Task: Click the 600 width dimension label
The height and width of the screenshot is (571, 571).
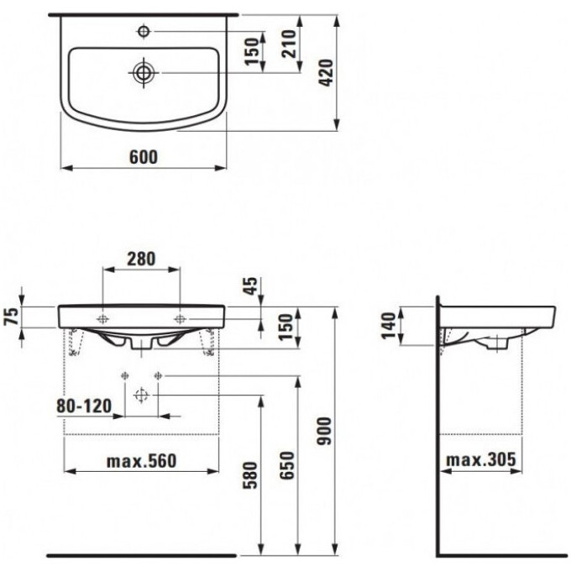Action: pyautogui.click(x=144, y=157)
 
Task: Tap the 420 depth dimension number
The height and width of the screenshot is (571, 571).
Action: pyautogui.click(x=327, y=73)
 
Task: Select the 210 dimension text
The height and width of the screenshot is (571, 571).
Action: pyautogui.click(x=290, y=44)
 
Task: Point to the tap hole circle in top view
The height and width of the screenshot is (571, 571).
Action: pyautogui.click(x=144, y=31)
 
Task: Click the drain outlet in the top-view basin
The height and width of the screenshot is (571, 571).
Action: pyautogui.click(x=144, y=73)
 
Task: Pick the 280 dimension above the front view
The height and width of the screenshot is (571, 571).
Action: pyautogui.click(x=141, y=259)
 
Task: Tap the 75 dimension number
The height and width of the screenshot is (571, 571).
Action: pyautogui.click(x=11, y=316)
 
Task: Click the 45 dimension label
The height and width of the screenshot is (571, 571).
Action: pyautogui.click(x=251, y=286)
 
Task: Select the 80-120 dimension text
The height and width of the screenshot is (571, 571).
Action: pyautogui.click(x=84, y=406)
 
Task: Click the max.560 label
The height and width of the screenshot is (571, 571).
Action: pyautogui.click(x=141, y=461)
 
